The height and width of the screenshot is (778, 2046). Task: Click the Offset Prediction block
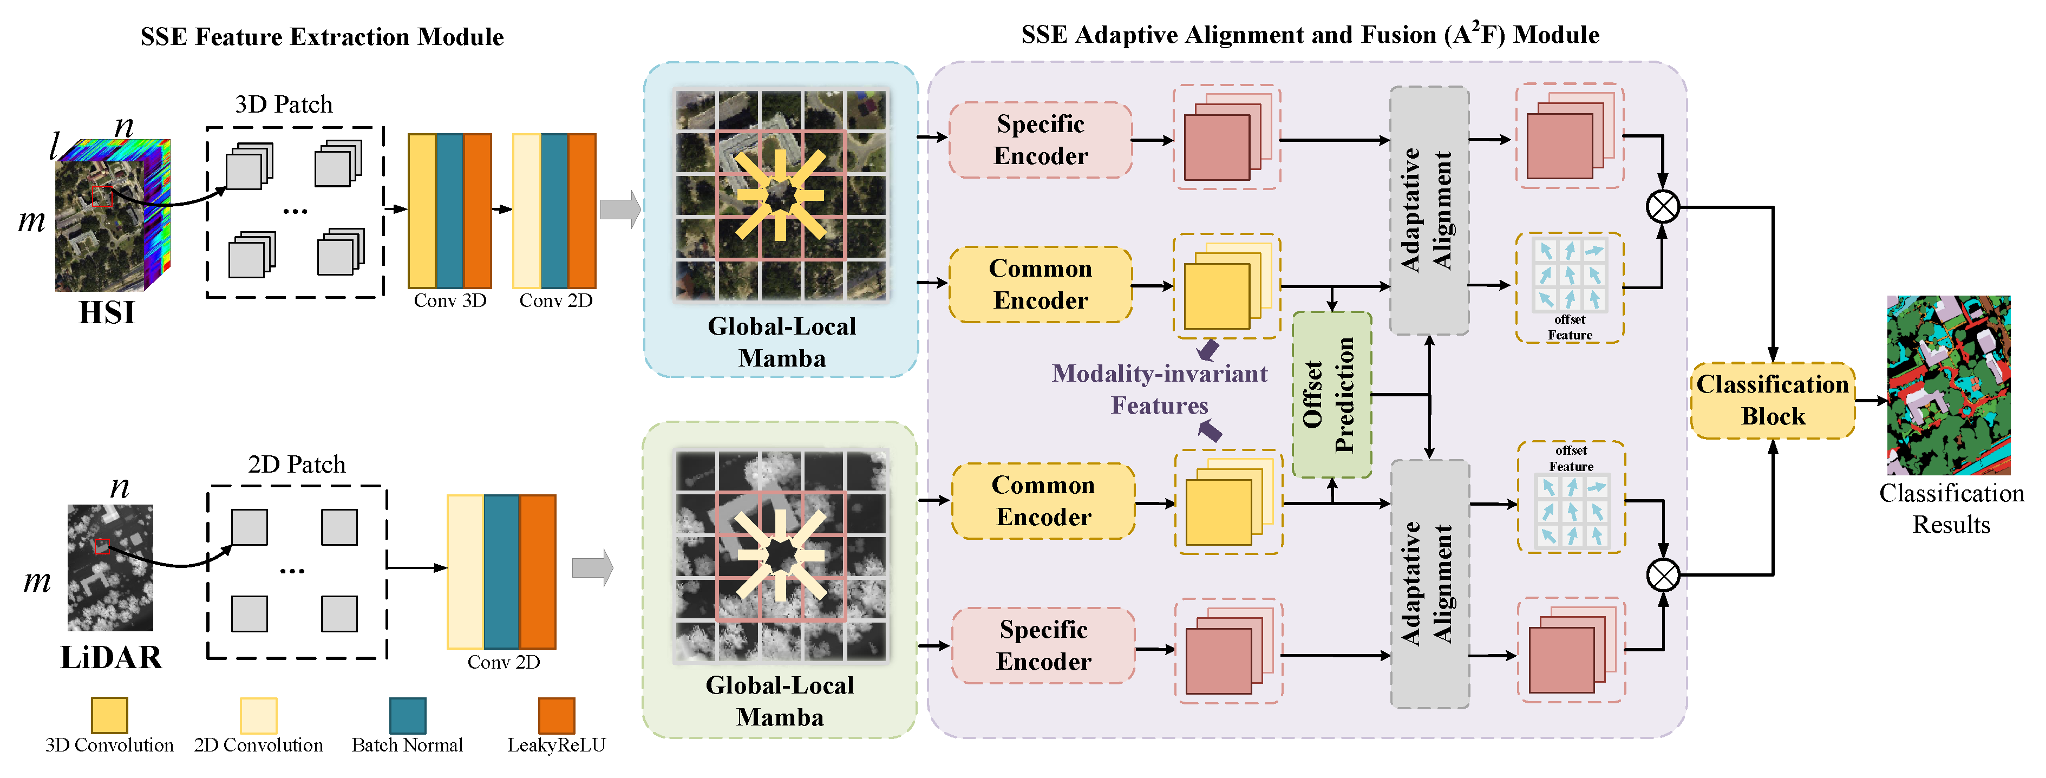(1331, 395)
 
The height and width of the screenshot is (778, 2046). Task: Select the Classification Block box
(1772, 401)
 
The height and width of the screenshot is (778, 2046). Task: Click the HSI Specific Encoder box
(1041, 140)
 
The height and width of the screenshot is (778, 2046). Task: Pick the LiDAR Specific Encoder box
(1043, 645)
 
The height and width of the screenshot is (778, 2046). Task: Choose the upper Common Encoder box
(1041, 284)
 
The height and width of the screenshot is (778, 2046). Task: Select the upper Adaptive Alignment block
(1428, 211)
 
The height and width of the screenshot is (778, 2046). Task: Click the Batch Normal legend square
(408, 715)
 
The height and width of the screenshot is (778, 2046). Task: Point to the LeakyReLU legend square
(556, 715)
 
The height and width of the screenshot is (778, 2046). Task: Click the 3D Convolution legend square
(109, 715)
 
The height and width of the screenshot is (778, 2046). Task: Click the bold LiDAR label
(110, 657)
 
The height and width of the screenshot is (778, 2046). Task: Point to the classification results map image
(1949, 385)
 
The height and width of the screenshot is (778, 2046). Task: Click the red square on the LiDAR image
(102, 546)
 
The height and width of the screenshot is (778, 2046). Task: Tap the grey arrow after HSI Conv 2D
(619, 210)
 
